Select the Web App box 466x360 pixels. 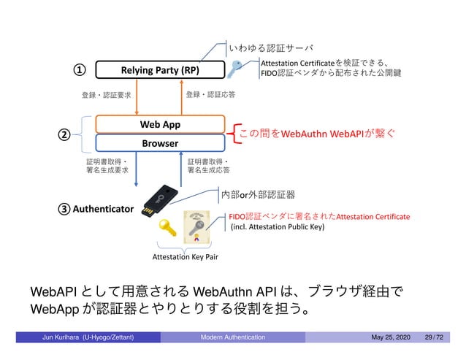tap(160, 124)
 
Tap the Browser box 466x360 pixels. tap(160, 144)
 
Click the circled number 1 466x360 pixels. tap(75, 70)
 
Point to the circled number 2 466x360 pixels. tap(64, 135)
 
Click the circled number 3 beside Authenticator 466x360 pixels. tap(64, 209)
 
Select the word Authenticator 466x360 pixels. tap(103, 209)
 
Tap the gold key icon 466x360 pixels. tap(168, 231)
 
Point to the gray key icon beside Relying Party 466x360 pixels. tap(238, 69)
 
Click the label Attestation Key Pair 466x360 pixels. tap(184, 258)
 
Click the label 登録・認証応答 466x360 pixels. tap(210, 94)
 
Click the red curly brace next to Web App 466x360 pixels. tap(234, 134)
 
